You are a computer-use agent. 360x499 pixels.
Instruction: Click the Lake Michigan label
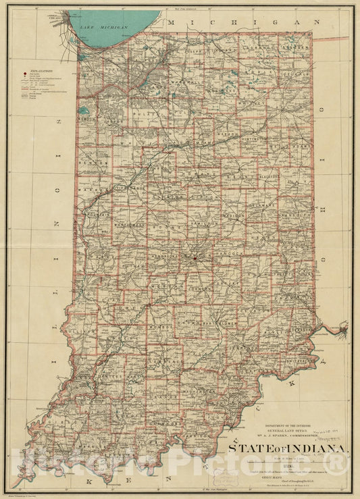pos(103,26)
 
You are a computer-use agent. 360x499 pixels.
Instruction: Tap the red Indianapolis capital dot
pos(195,257)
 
